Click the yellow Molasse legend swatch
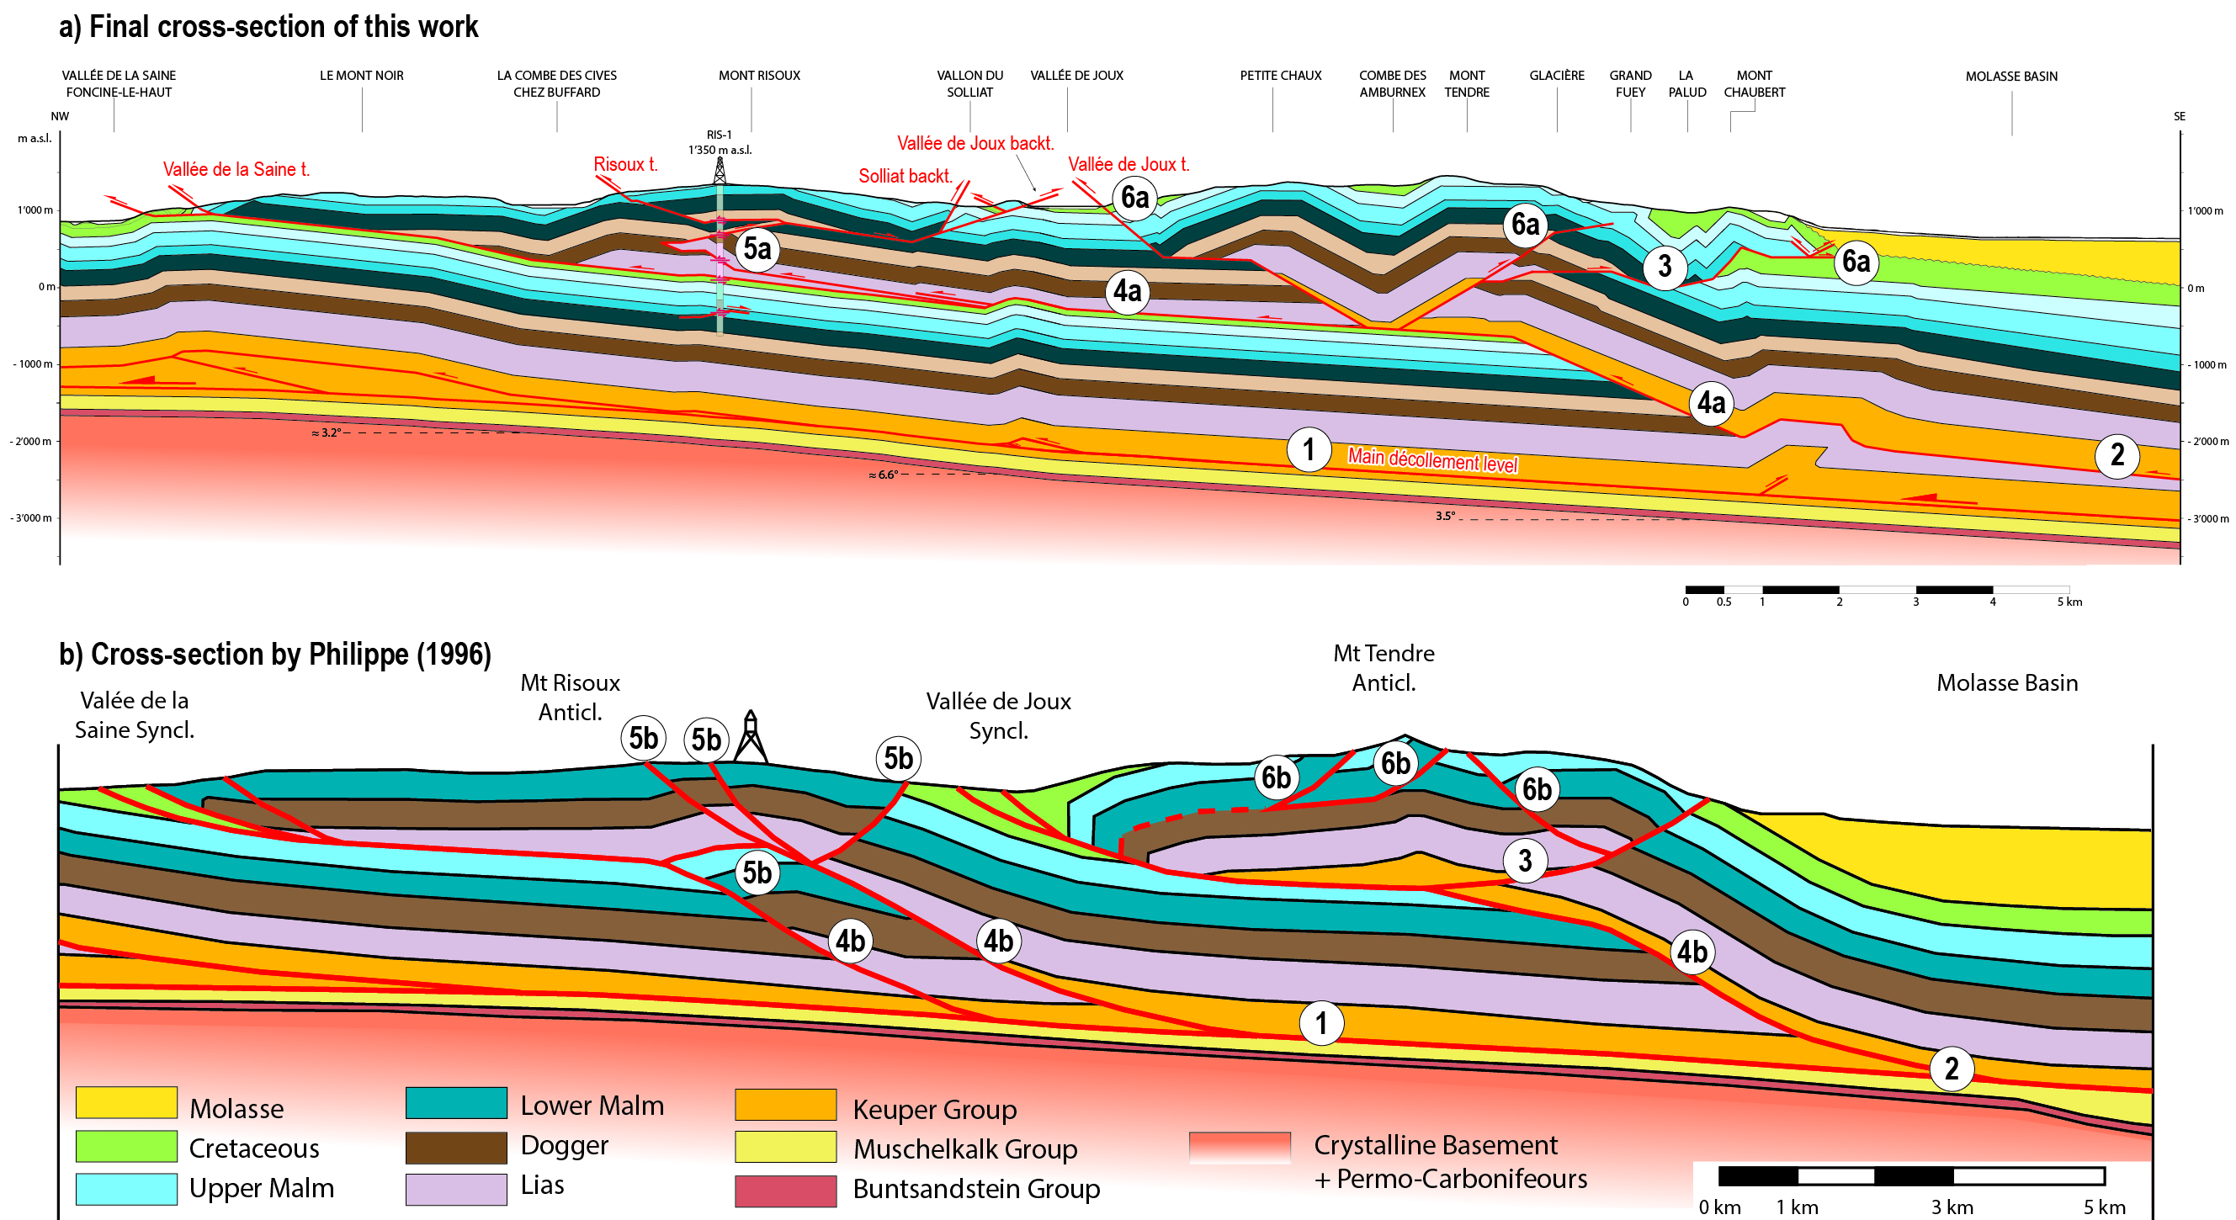pos(126,1102)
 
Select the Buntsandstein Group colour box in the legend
pos(784,1191)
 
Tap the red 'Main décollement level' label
pos(1431,460)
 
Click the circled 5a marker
pos(757,249)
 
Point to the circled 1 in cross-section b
pos(1321,1022)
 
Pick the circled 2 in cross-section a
pos(2116,454)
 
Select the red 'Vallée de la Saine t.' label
pos(236,169)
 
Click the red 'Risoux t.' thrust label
pos(625,164)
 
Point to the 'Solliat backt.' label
pos(906,176)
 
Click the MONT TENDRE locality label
pos(1466,83)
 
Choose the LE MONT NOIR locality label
pos(361,76)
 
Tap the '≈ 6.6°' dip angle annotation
pos(883,475)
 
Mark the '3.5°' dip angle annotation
pos(1444,516)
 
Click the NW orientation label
pos(59,116)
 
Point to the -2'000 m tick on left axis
pos(31,441)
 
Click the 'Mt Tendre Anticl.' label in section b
pos(1383,667)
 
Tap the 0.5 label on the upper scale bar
pos(1723,602)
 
